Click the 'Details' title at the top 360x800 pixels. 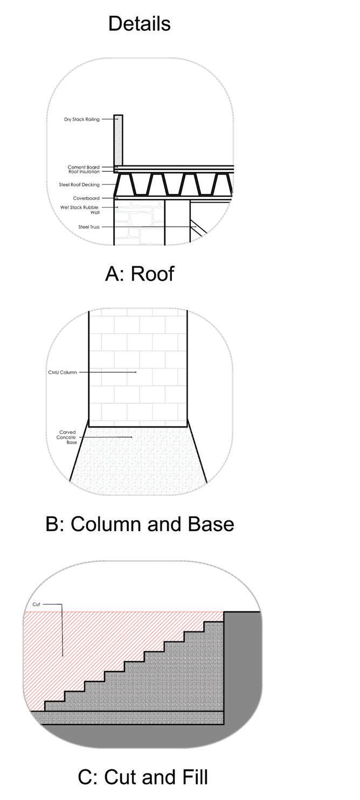pyautogui.click(x=139, y=24)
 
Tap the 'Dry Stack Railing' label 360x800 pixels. pyautogui.click(x=82, y=119)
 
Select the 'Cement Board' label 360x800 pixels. pyautogui.click(x=84, y=167)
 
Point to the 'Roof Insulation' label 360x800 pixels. pyautogui.click(x=84, y=172)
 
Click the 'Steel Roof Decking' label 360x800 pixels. pyautogui.click(x=79, y=185)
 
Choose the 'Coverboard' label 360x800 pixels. pyautogui.click(x=86, y=198)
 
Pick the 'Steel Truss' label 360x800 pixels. pyautogui.click(x=89, y=227)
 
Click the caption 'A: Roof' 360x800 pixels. pyautogui.click(x=140, y=274)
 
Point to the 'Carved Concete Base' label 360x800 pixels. pyautogui.click(x=67, y=437)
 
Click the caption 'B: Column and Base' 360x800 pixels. pyautogui.click(x=140, y=524)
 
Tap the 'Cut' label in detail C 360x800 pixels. pyautogui.click(x=36, y=604)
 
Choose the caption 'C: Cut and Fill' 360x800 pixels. pyautogui.click(x=143, y=777)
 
